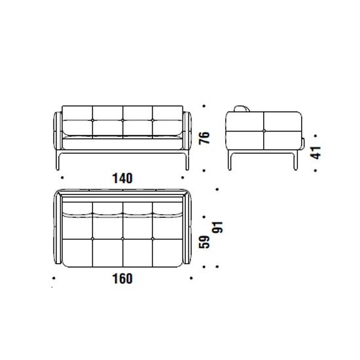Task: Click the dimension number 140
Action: pos(122,178)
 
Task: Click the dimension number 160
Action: pos(122,279)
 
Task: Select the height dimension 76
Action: pos(204,137)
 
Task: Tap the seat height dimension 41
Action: pos(315,153)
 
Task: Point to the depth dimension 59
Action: pos(204,242)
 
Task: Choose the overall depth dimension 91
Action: pos(217,227)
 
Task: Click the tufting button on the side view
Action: pos(264,131)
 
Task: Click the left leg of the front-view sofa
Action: pos(58,160)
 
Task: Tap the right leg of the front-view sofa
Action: pos(187,160)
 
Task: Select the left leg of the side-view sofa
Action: pos(230,160)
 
